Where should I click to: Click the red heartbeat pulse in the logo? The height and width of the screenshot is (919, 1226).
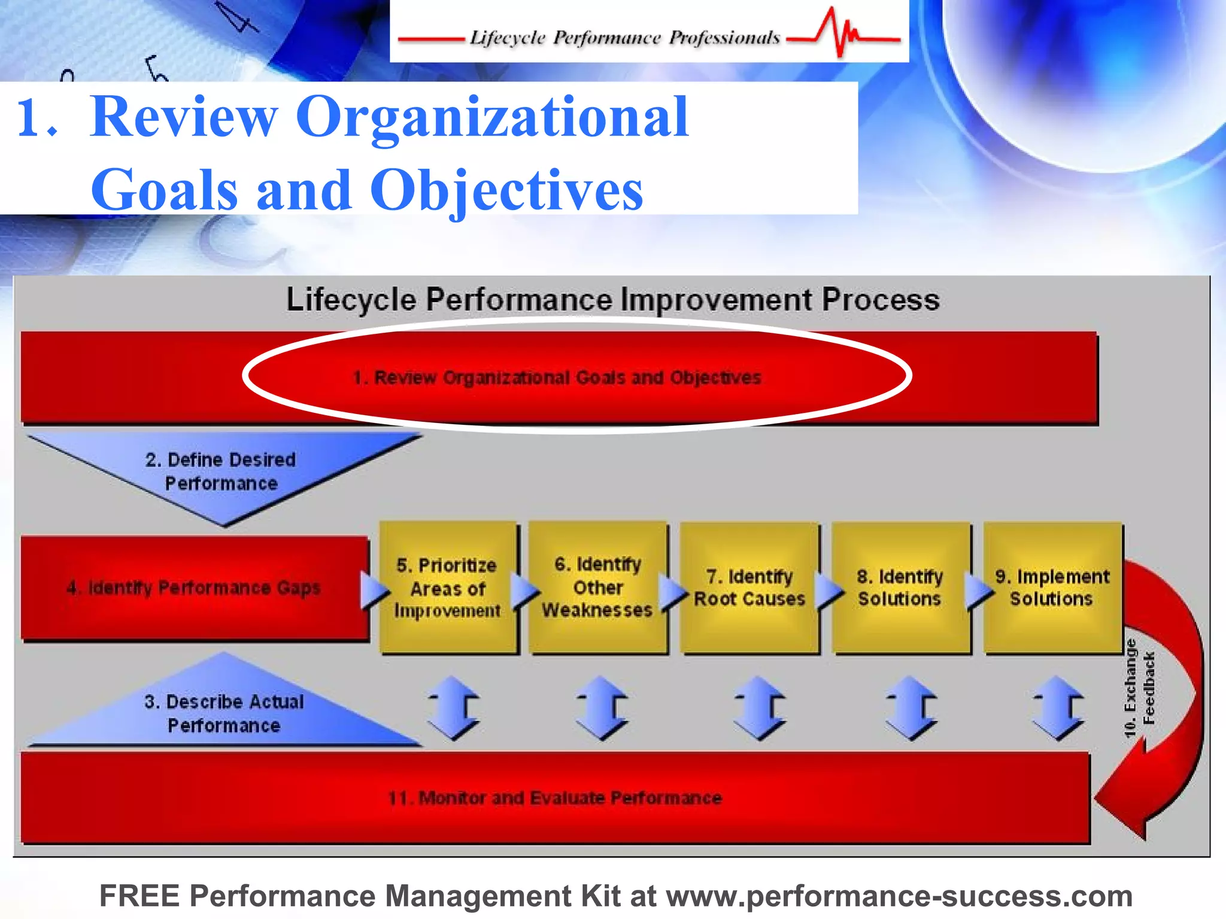(841, 33)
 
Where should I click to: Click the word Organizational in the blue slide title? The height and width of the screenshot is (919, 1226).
(491, 117)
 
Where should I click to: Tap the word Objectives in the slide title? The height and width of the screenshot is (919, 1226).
(506, 190)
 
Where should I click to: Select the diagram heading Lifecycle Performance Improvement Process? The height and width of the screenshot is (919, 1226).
(612, 299)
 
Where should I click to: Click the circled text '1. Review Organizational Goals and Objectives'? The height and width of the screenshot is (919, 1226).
(557, 378)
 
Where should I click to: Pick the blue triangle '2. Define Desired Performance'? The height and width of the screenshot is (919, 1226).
(221, 471)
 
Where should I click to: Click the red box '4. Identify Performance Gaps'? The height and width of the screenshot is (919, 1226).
(194, 588)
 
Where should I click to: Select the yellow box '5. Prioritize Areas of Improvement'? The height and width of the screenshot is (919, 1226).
(448, 588)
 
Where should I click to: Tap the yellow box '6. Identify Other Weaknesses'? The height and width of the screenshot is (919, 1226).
(597, 588)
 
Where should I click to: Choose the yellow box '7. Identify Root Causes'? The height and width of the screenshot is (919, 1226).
(749, 588)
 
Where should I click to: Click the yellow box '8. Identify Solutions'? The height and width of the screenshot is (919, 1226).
(900, 588)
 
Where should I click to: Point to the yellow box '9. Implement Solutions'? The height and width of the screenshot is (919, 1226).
(1052, 588)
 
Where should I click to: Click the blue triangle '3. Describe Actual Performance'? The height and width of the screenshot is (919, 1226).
(224, 713)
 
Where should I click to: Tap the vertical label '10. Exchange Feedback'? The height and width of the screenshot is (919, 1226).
(1139, 688)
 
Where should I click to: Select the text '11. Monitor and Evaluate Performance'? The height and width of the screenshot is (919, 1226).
(554, 798)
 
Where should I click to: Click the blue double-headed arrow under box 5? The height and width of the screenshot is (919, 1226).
(453, 708)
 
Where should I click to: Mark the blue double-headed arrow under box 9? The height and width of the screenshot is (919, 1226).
(1058, 708)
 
